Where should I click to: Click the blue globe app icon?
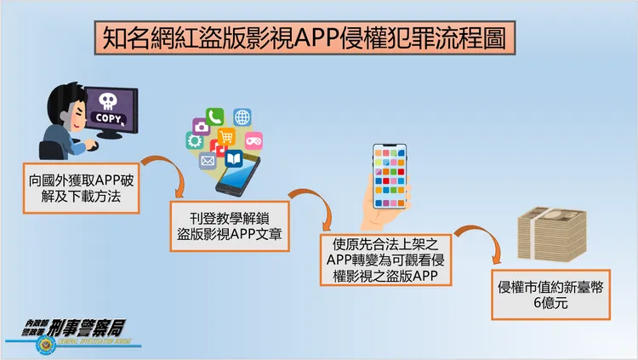tap(242, 117)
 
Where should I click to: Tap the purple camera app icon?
tap(201, 128)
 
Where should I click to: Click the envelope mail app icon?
tap(207, 160)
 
